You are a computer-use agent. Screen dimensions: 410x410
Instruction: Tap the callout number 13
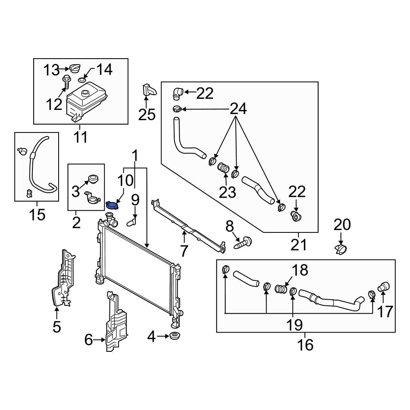(x=52, y=71)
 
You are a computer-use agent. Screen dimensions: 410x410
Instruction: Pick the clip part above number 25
(x=148, y=90)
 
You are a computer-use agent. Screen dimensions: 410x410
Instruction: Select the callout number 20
(x=342, y=225)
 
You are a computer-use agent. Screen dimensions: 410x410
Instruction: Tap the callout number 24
(x=238, y=109)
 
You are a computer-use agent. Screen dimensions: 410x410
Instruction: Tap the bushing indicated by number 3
(x=93, y=179)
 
